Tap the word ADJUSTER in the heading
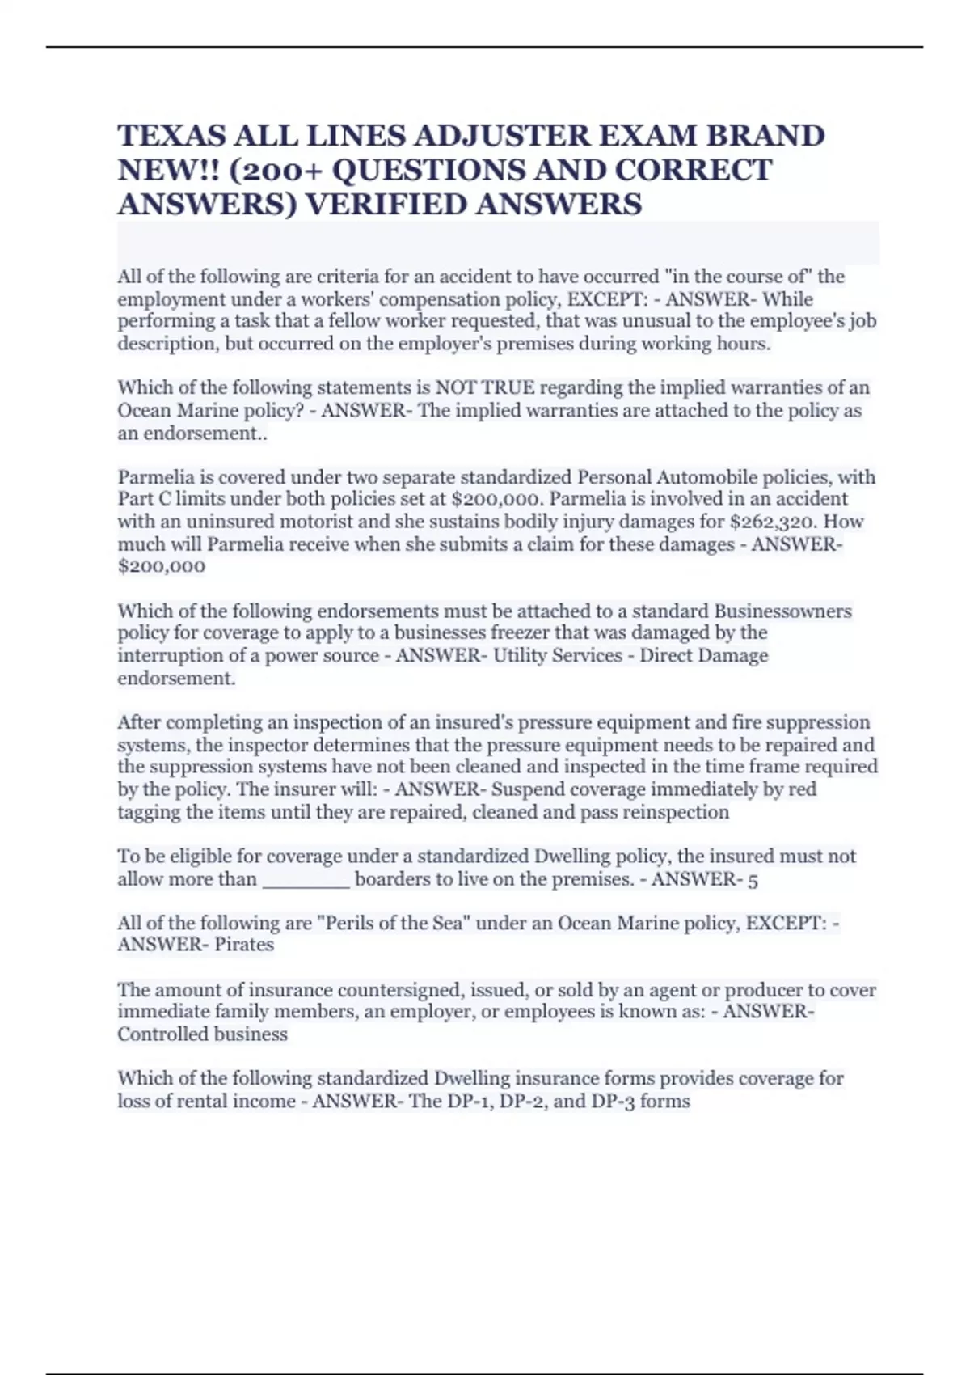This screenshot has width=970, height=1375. [x=476, y=135]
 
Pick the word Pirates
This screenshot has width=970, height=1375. [x=244, y=945]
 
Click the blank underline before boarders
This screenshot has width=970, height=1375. [x=306, y=879]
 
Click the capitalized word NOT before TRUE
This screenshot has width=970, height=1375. [x=458, y=387]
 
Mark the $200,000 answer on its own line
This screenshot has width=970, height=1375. [x=162, y=566]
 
